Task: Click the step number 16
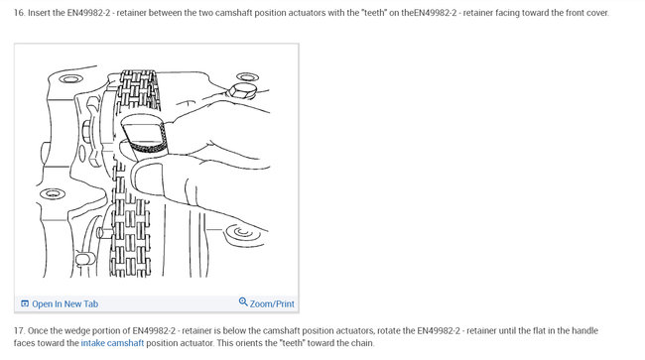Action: tap(19, 13)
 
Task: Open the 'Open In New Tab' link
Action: tap(65, 303)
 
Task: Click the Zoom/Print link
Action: tap(272, 303)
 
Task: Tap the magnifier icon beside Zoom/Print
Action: tap(243, 302)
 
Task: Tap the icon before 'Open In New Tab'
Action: tap(25, 303)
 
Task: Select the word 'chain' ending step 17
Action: tap(362, 343)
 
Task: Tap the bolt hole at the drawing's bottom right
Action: tap(237, 235)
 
